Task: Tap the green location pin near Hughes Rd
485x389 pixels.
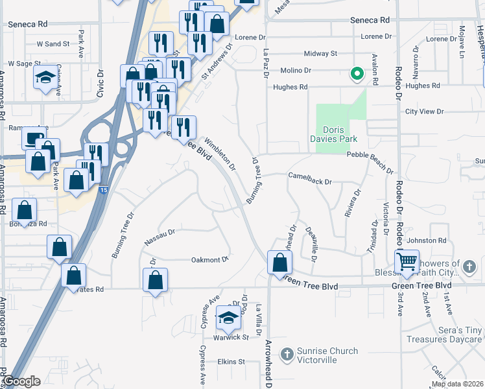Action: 356,74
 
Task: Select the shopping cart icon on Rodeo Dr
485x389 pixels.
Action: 407,261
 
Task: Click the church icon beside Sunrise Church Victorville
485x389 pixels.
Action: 288,354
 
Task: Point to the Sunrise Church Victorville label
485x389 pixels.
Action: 327,356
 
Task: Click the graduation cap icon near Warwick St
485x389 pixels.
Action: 228,317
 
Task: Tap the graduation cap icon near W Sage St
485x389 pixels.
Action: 44,78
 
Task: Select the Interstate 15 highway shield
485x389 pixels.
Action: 104,190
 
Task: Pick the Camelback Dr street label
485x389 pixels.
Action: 310,174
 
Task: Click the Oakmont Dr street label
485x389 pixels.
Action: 210,260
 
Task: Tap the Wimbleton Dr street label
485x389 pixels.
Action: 219,153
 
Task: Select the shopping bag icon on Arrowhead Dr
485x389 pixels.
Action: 279,263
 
